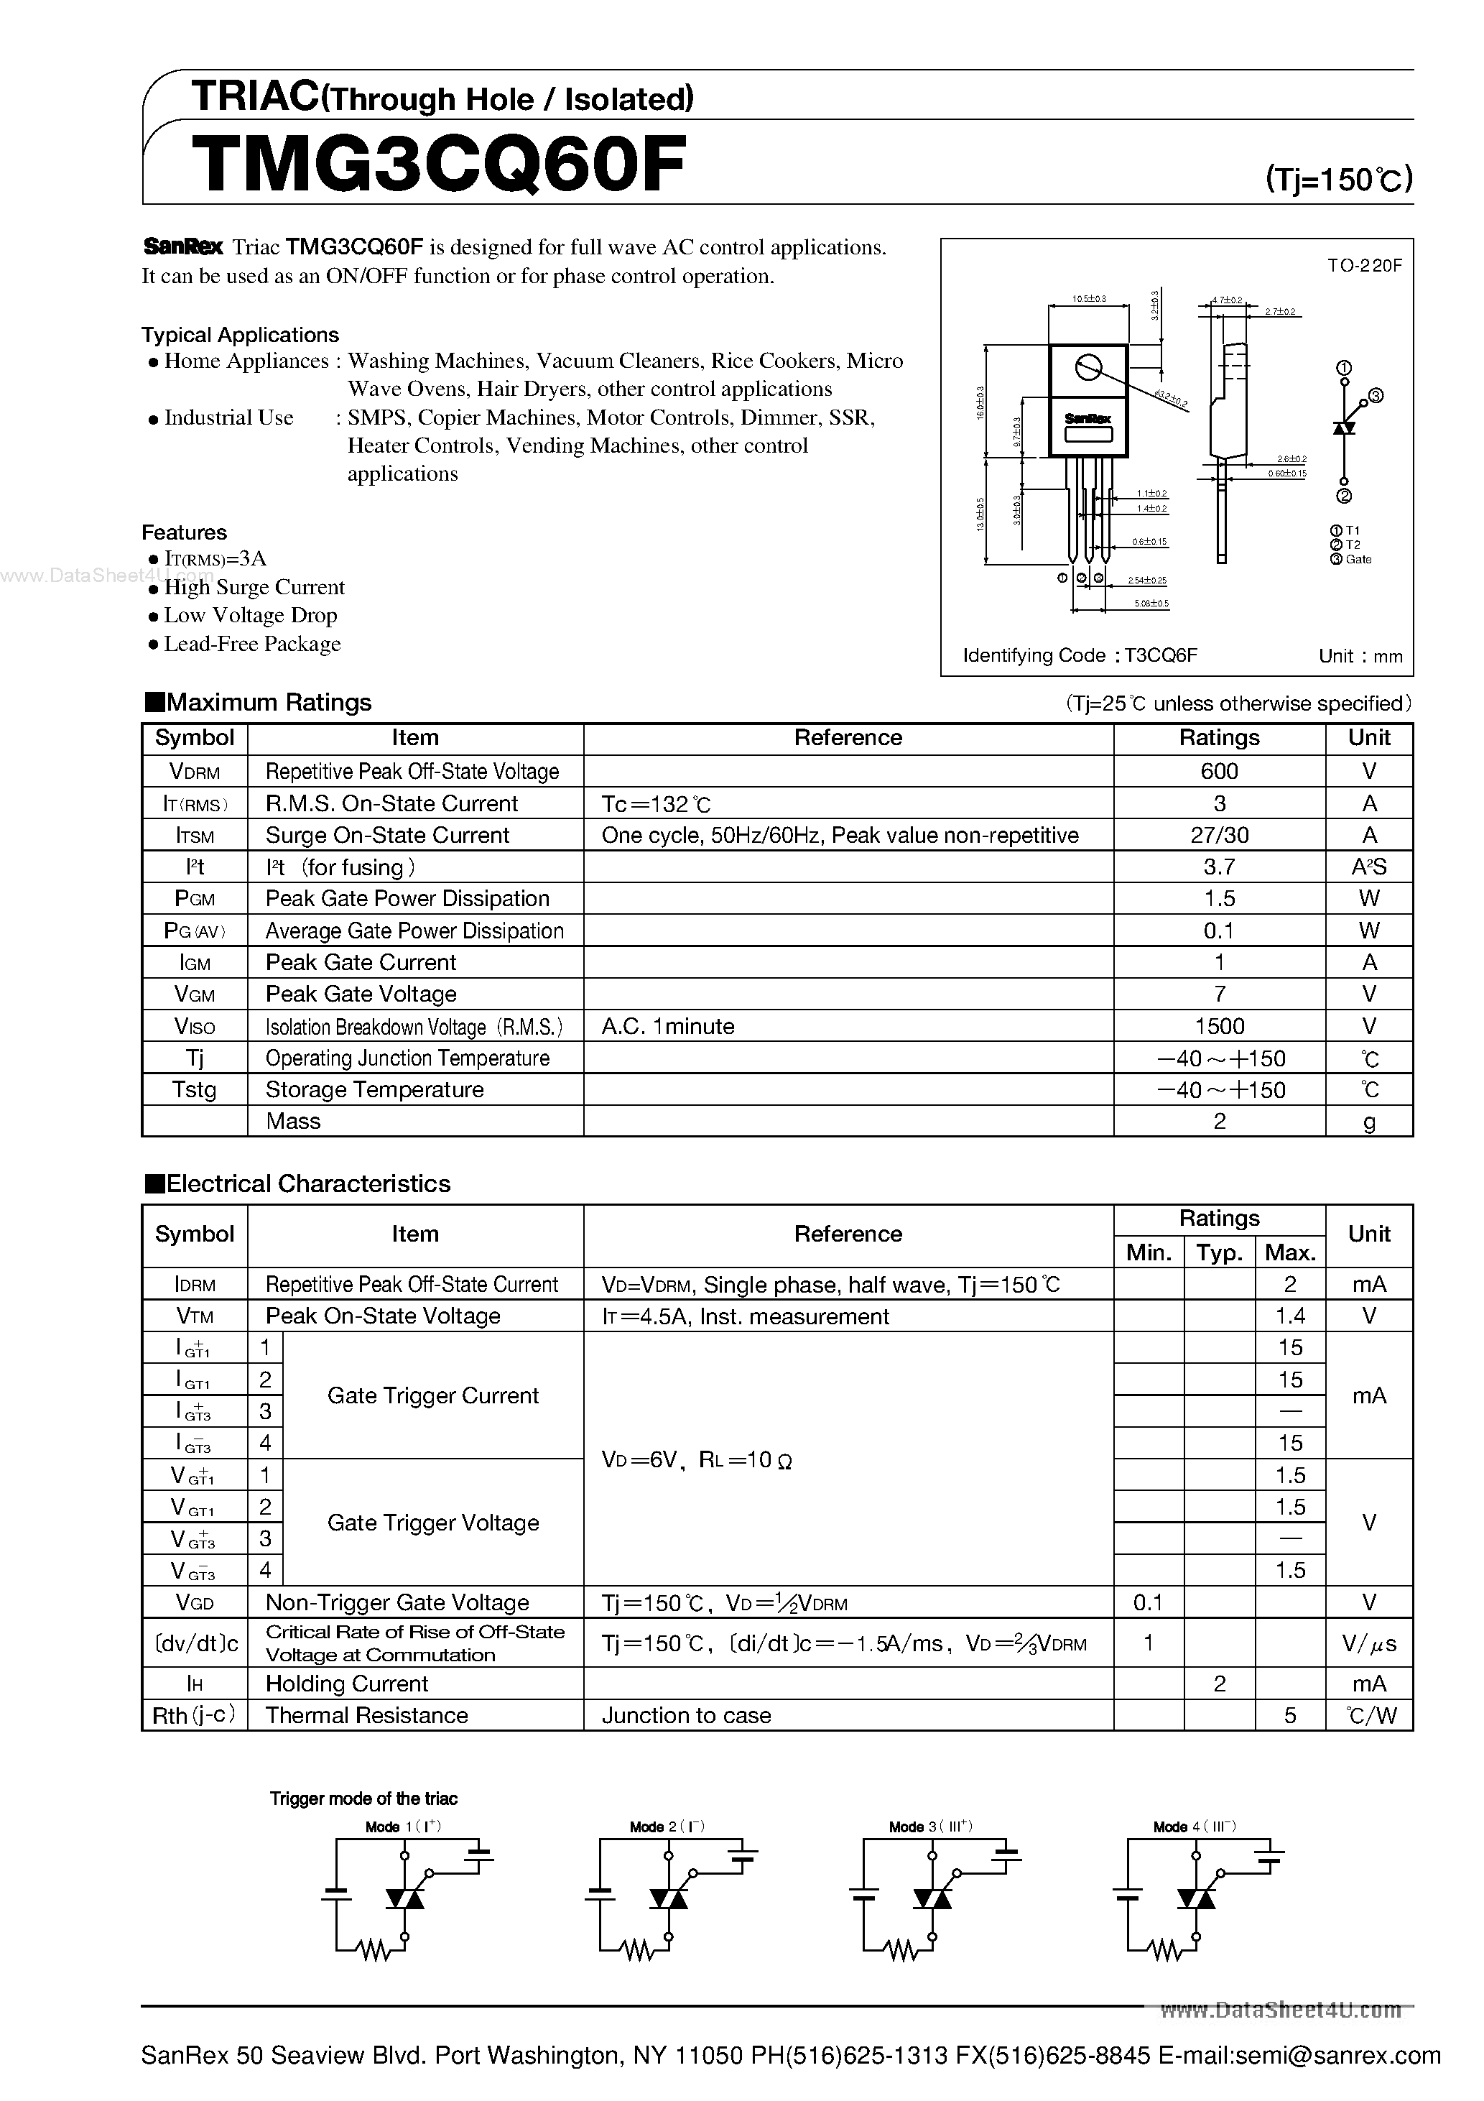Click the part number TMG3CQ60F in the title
[439, 165]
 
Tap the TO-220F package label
[1364, 267]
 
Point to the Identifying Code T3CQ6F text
[1080, 655]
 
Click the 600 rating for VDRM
[1219, 772]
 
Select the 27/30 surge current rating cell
[1219, 836]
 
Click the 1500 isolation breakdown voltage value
[1219, 1027]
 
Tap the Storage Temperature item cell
[374, 1090]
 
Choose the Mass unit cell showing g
[1369, 1122]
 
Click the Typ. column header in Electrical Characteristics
[1219, 1252]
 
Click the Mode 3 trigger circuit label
[929, 1827]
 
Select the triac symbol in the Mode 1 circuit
[404, 1899]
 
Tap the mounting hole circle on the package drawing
[1088, 368]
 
